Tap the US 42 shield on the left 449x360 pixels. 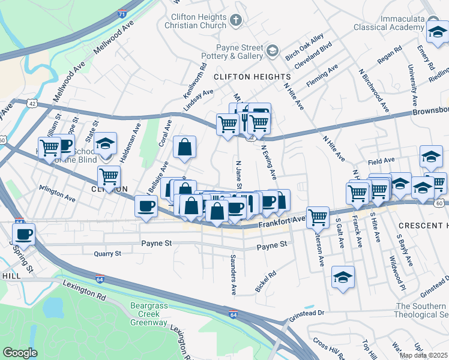31,103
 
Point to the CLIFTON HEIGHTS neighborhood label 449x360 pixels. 252,77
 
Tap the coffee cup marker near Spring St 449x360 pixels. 24,233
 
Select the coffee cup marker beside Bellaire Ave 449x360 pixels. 146,206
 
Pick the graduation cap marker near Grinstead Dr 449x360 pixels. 343,277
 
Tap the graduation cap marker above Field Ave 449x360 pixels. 431,156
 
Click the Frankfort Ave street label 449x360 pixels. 282,223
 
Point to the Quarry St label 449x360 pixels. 107,254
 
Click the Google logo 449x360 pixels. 20,353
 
